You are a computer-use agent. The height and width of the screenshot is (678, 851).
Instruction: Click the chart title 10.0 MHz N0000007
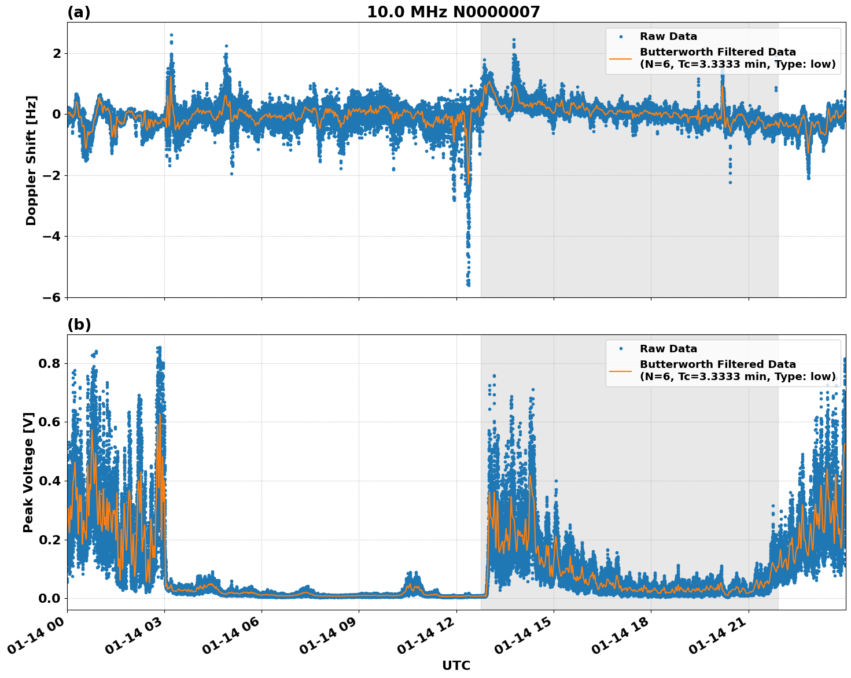click(453, 12)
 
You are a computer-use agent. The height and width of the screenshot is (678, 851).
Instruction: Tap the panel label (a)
click(79, 12)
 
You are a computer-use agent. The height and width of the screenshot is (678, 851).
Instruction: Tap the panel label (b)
click(79, 325)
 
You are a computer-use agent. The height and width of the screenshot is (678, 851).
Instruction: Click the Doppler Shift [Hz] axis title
click(31, 160)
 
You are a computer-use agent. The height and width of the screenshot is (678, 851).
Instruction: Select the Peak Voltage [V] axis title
click(28, 472)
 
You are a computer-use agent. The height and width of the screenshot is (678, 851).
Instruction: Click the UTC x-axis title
click(456, 665)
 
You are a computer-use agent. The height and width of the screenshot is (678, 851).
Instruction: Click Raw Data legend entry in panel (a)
click(668, 36)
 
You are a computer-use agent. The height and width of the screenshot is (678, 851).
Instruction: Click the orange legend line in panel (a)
click(621, 58)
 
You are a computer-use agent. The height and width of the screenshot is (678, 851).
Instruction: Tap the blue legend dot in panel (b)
click(621, 349)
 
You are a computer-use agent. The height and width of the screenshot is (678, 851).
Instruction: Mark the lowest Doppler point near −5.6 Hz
click(468, 285)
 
